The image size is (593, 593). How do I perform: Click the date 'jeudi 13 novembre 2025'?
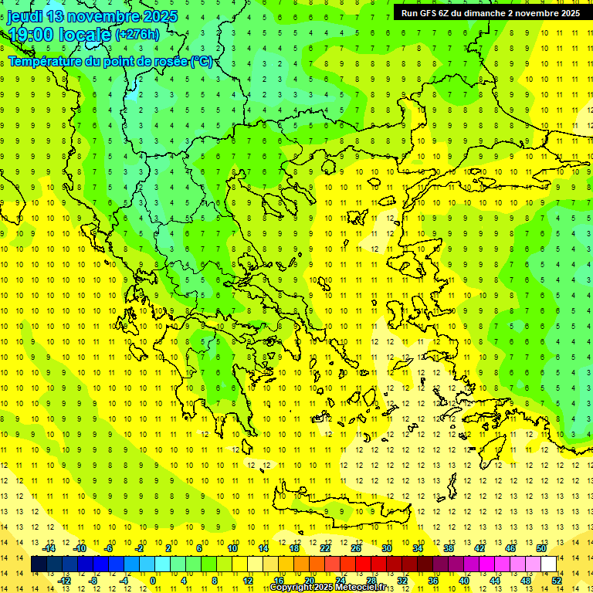point(93,16)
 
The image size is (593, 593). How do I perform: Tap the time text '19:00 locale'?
point(59,34)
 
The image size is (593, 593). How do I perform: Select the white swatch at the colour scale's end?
point(549,564)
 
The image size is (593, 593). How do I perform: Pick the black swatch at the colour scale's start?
point(39,564)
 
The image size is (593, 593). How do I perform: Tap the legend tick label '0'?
point(152,581)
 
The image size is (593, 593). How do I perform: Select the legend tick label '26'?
point(356,548)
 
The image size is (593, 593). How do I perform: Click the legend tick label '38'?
point(449,548)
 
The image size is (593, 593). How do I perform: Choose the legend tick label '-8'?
point(93,581)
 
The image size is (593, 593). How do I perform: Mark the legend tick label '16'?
point(278,581)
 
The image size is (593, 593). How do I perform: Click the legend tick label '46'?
point(510,548)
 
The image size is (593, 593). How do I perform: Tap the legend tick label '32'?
point(402,581)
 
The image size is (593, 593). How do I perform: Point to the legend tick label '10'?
point(232,548)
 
